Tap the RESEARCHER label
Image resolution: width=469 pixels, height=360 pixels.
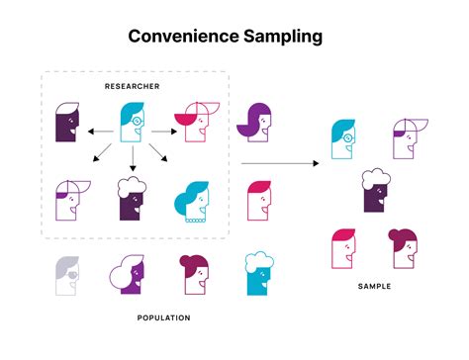coord(134,87)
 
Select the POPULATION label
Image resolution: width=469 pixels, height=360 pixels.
coord(163,317)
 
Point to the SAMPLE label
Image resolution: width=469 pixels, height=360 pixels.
coord(375,286)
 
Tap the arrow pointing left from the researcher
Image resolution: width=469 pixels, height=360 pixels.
coord(98,130)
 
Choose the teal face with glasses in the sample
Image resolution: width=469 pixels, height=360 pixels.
coord(342,138)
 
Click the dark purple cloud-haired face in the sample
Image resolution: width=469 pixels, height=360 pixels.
coord(374,190)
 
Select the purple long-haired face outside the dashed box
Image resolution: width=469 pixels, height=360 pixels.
coord(254,121)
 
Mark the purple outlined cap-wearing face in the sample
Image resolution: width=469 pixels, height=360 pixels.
coord(406,138)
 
